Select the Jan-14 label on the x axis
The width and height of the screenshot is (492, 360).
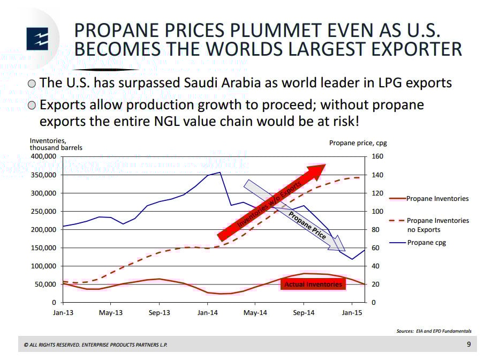207,313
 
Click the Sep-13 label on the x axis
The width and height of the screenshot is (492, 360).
159,313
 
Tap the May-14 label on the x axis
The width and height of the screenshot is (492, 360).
255,313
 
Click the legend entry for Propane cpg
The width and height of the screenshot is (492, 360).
426,243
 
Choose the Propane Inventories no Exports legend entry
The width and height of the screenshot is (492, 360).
437,225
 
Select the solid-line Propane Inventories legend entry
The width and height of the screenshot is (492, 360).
437,199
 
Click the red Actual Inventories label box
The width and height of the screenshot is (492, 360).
313,284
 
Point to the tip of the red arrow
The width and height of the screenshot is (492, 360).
326,166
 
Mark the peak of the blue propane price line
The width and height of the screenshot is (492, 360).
220,172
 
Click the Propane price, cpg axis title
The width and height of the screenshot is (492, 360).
357,143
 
